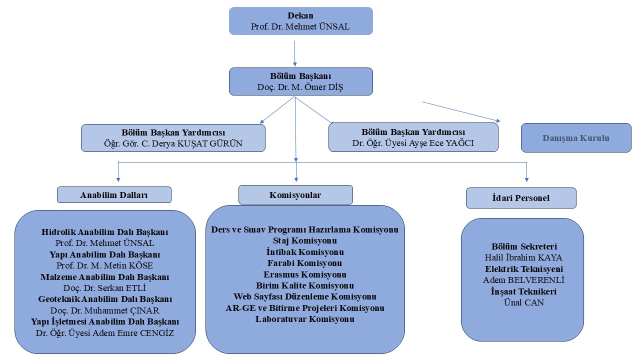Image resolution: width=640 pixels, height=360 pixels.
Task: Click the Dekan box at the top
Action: tap(300, 21)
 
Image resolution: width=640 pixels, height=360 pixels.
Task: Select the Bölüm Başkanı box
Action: tap(300, 81)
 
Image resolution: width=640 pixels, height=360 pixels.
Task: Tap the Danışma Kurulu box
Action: tap(576, 138)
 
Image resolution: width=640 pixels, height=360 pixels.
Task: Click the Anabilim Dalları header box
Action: tap(114, 195)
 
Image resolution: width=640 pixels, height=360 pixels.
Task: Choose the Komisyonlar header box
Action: tap(295, 194)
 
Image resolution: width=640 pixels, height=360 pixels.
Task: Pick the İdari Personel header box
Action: tap(520, 198)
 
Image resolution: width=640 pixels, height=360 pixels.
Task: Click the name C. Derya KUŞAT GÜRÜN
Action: tap(190, 143)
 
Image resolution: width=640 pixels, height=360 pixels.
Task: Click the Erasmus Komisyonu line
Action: tap(305, 274)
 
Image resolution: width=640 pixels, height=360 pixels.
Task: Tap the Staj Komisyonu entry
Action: tap(305, 241)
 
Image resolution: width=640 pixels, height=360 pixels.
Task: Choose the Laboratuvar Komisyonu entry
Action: tap(305, 319)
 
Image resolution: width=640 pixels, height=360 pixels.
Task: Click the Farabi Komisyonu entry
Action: tap(305, 263)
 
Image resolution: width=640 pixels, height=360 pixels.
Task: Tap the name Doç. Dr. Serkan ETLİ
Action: tap(104, 288)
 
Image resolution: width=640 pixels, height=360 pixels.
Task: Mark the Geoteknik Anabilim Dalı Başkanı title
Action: tap(105, 299)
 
